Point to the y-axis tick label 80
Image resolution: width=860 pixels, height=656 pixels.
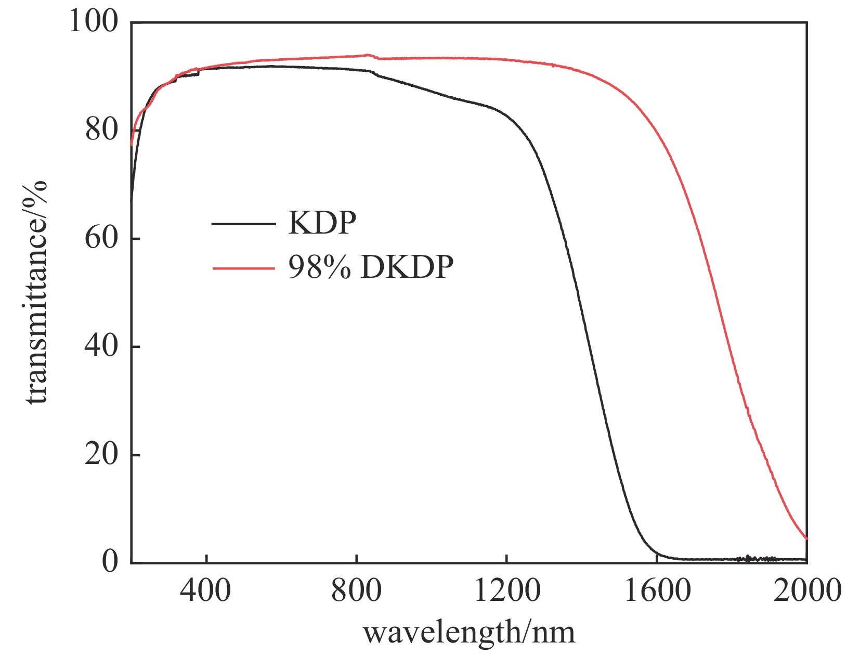pyautogui.click(x=102, y=130)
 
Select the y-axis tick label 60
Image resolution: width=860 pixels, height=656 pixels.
pyautogui.click(x=102, y=239)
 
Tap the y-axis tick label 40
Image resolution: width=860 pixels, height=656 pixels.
pyautogui.click(x=102, y=346)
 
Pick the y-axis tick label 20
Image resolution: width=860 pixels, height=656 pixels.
pyautogui.click(x=102, y=455)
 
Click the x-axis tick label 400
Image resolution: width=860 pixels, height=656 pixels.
pyautogui.click(x=206, y=591)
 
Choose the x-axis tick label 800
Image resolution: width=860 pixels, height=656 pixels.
pyautogui.click(x=356, y=591)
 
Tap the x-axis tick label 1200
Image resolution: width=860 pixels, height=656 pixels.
pyautogui.click(x=507, y=591)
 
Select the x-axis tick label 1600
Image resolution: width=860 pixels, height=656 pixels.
pyautogui.click(x=657, y=591)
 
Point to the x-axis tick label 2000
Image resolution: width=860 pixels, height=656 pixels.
pyautogui.click(x=806, y=591)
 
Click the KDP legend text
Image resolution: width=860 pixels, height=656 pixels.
pyautogui.click(x=322, y=223)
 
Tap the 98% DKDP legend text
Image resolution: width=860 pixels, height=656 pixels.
pyautogui.click(x=371, y=267)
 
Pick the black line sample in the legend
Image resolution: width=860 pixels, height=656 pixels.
pyautogui.click(x=243, y=224)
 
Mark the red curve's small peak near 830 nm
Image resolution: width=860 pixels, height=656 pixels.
pyautogui.click(x=368, y=55)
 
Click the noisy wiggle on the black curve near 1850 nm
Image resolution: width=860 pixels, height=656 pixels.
pyautogui.click(x=749, y=558)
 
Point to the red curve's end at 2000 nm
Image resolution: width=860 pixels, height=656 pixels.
pyautogui.click(x=806, y=538)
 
